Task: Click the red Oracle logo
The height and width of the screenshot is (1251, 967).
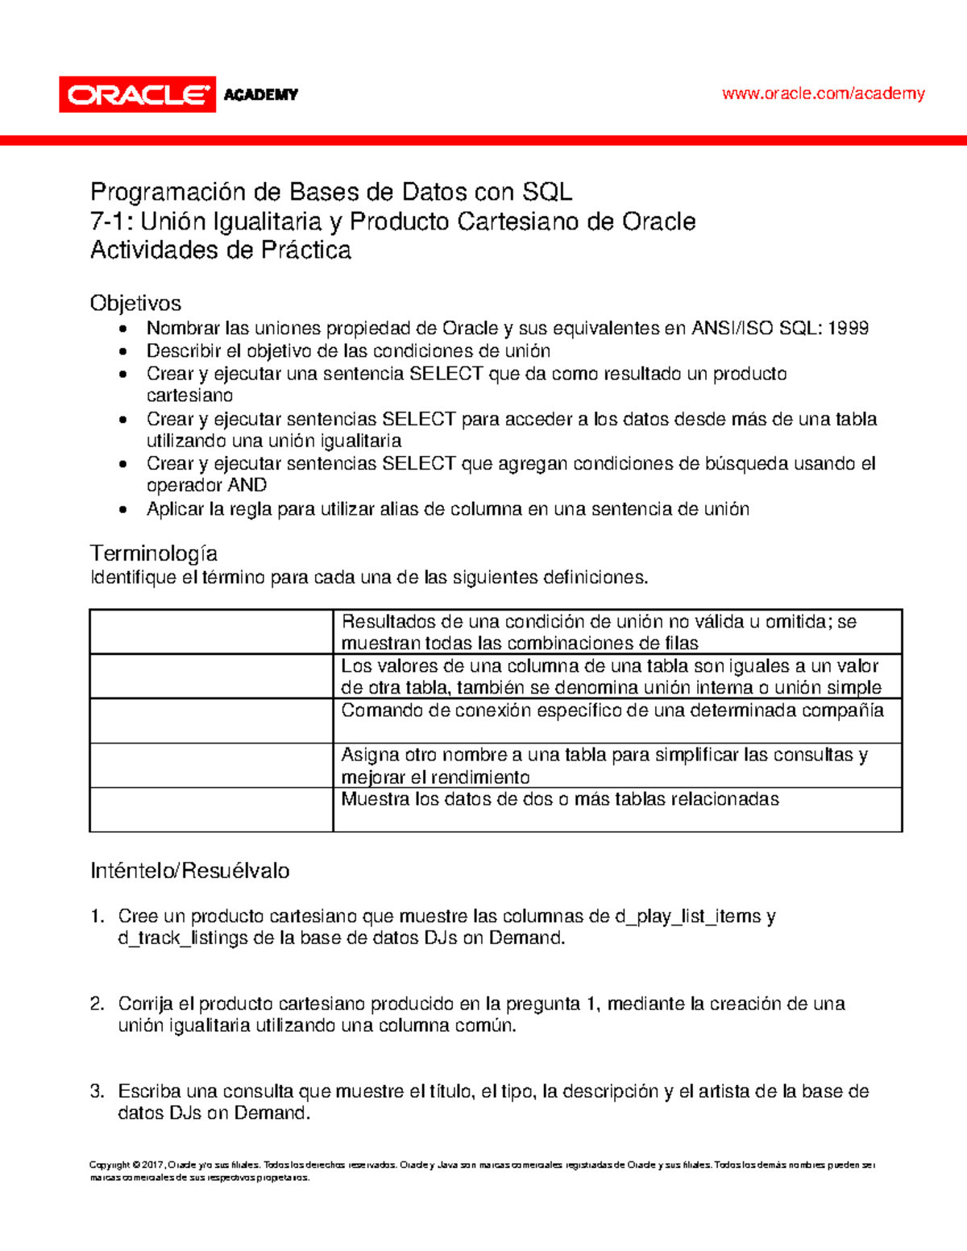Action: click(137, 95)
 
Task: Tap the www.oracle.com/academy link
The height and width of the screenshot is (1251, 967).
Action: click(823, 93)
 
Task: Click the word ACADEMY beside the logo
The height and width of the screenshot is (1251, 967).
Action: click(260, 95)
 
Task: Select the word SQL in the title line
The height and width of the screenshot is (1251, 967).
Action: click(547, 193)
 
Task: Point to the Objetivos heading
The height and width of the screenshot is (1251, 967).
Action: click(135, 303)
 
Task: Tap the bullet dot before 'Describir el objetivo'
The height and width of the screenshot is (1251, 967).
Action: click(122, 351)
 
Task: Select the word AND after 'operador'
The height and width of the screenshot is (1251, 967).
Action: click(247, 485)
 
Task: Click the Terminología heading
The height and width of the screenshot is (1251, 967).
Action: click(154, 553)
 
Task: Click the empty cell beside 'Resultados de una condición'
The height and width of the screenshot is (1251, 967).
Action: click(211, 632)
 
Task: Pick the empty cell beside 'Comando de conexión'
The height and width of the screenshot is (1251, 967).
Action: click(211, 720)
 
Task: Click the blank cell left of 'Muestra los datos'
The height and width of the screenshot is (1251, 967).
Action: click(211, 809)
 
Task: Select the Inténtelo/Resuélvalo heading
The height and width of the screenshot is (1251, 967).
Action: click(190, 871)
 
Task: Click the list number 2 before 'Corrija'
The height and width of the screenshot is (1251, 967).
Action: click(97, 1004)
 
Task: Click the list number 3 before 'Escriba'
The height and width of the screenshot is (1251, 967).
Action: click(97, 1092)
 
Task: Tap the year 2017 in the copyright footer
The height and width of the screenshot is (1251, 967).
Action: click(152, 1165)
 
